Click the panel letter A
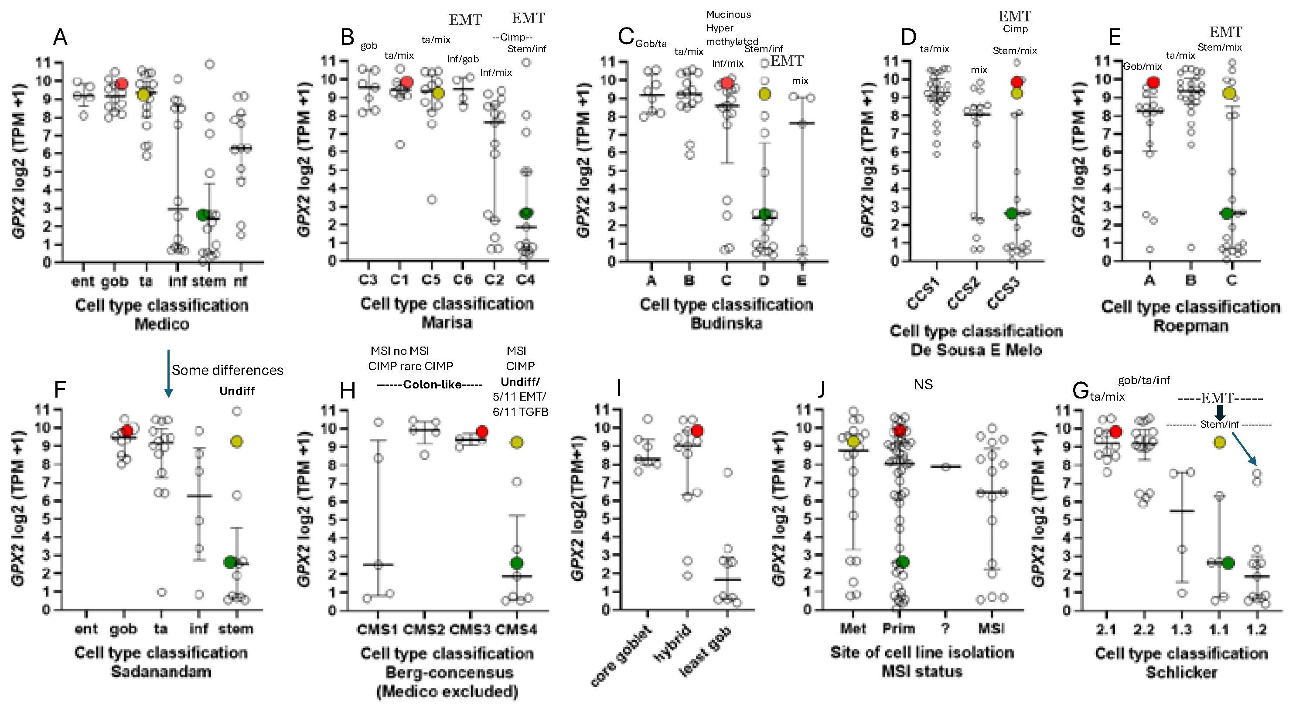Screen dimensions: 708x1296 point(60,37)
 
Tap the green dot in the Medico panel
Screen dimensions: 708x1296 point(202,215)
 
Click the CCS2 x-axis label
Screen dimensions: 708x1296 point(963,294)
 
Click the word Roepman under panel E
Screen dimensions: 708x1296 point(1190,326)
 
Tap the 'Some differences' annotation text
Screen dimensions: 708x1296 point(227,371)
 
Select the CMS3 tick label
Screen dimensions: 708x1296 point(469,630)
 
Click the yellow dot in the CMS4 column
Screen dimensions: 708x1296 point(517,442)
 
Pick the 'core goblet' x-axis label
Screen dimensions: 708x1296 point(621,657)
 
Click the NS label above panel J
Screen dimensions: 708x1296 point(923,385)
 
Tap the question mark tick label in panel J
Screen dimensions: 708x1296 point(945,629)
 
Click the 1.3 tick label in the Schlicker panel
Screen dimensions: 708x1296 point(1181,630)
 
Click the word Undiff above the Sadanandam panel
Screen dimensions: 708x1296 point(236,391)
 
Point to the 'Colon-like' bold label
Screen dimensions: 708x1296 point(429,385)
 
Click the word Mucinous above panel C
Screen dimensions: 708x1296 point(728,14)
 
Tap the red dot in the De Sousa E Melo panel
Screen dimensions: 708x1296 point(1017,82)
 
